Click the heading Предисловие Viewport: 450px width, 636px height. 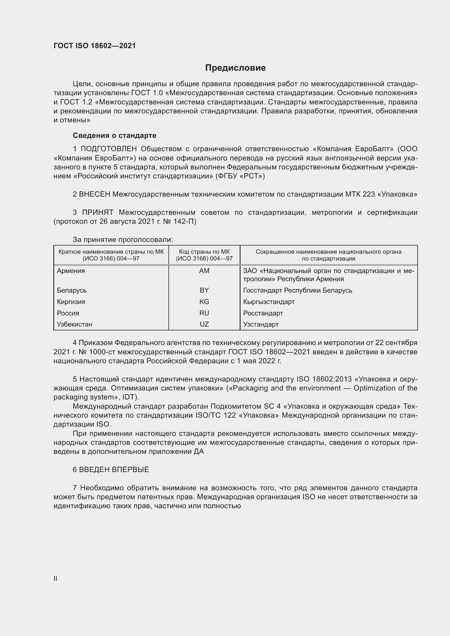point(235,68)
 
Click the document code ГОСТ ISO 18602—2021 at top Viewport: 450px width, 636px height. point(94,46)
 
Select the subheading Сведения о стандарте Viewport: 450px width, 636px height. point(115,135)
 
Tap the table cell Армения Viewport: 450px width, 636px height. point(71,271)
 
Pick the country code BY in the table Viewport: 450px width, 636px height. point(204,290)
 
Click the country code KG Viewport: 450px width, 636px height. point(204,302)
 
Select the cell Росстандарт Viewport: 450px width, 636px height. point(263,313)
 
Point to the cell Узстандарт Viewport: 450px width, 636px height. point(261,324)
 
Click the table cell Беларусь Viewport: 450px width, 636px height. point(72,290)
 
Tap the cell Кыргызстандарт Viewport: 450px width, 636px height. point(269,302)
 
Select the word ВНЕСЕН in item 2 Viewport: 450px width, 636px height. point(94,194)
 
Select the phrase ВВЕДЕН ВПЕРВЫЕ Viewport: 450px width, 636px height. point(114,470)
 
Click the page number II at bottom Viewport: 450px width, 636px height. point(56,578)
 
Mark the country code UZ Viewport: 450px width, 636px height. point(204,324)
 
